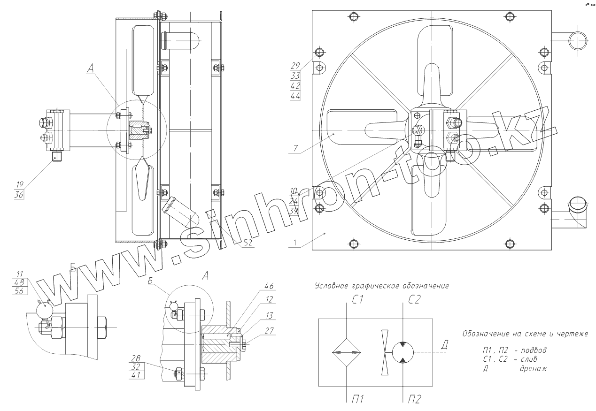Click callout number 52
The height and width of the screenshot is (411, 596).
tap(248, 243)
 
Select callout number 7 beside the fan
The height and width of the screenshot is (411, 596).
tap(295, 148)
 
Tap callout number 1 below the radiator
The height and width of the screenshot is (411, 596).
tap(295, 243)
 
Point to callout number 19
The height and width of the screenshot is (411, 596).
tap(19, 184)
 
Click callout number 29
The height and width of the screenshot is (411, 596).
tap(295, 65)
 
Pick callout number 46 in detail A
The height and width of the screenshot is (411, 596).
tap(269, 286)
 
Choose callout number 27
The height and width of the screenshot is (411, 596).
tap(269, 330)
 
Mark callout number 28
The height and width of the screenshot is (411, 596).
tap(136, 358)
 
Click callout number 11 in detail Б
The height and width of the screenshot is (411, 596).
tap(20, 274)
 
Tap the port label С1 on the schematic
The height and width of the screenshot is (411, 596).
tap(357, 300)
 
